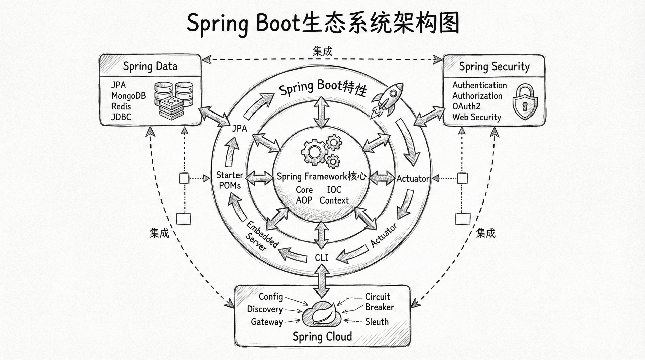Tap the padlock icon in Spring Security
point(525,102)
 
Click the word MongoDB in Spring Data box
point(128,96)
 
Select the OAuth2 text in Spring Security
point(466,106)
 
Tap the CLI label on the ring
point(321,258)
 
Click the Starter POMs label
point(230,180)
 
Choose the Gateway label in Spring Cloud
point(267,322)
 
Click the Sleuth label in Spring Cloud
point(377,322)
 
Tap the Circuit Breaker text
point(379,302)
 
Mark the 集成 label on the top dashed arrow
point(322,51)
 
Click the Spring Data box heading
point(150,66)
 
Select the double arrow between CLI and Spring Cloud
point(322,281)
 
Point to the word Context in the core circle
point(334,200)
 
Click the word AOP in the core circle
point(304,200)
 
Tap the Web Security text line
point(476,117)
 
